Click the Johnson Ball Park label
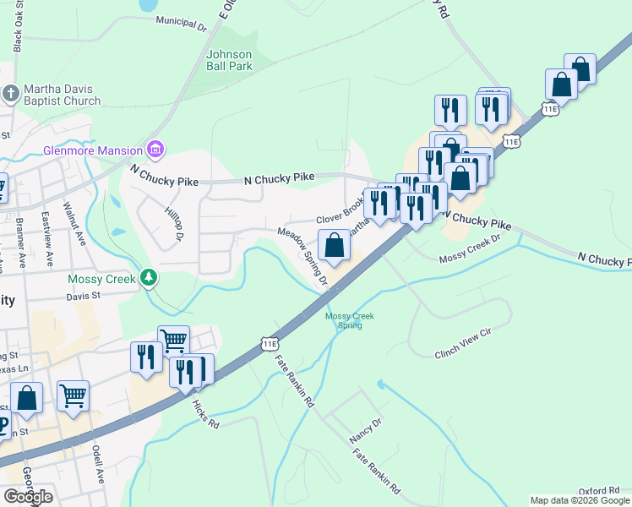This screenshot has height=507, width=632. [x=230, y=60]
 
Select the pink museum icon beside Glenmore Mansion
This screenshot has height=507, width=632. [x=155, y=150]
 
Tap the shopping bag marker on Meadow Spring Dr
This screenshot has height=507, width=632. [x=335, y=247]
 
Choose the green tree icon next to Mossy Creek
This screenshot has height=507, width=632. [x=149, y=277]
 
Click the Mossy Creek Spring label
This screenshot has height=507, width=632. [x=350, y=320]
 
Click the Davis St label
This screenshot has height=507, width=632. [x=84, y=297]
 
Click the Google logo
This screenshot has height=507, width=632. [x=28, y=497]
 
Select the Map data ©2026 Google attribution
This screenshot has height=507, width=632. [x=580, y=500]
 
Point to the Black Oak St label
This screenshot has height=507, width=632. [x=18, y=31]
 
